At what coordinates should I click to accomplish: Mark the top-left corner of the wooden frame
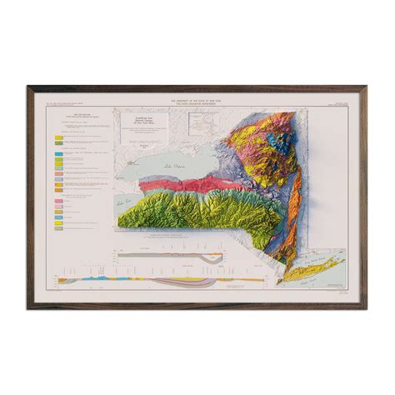point(27,85)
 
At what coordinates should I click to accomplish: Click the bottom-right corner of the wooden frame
point(367,309)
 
